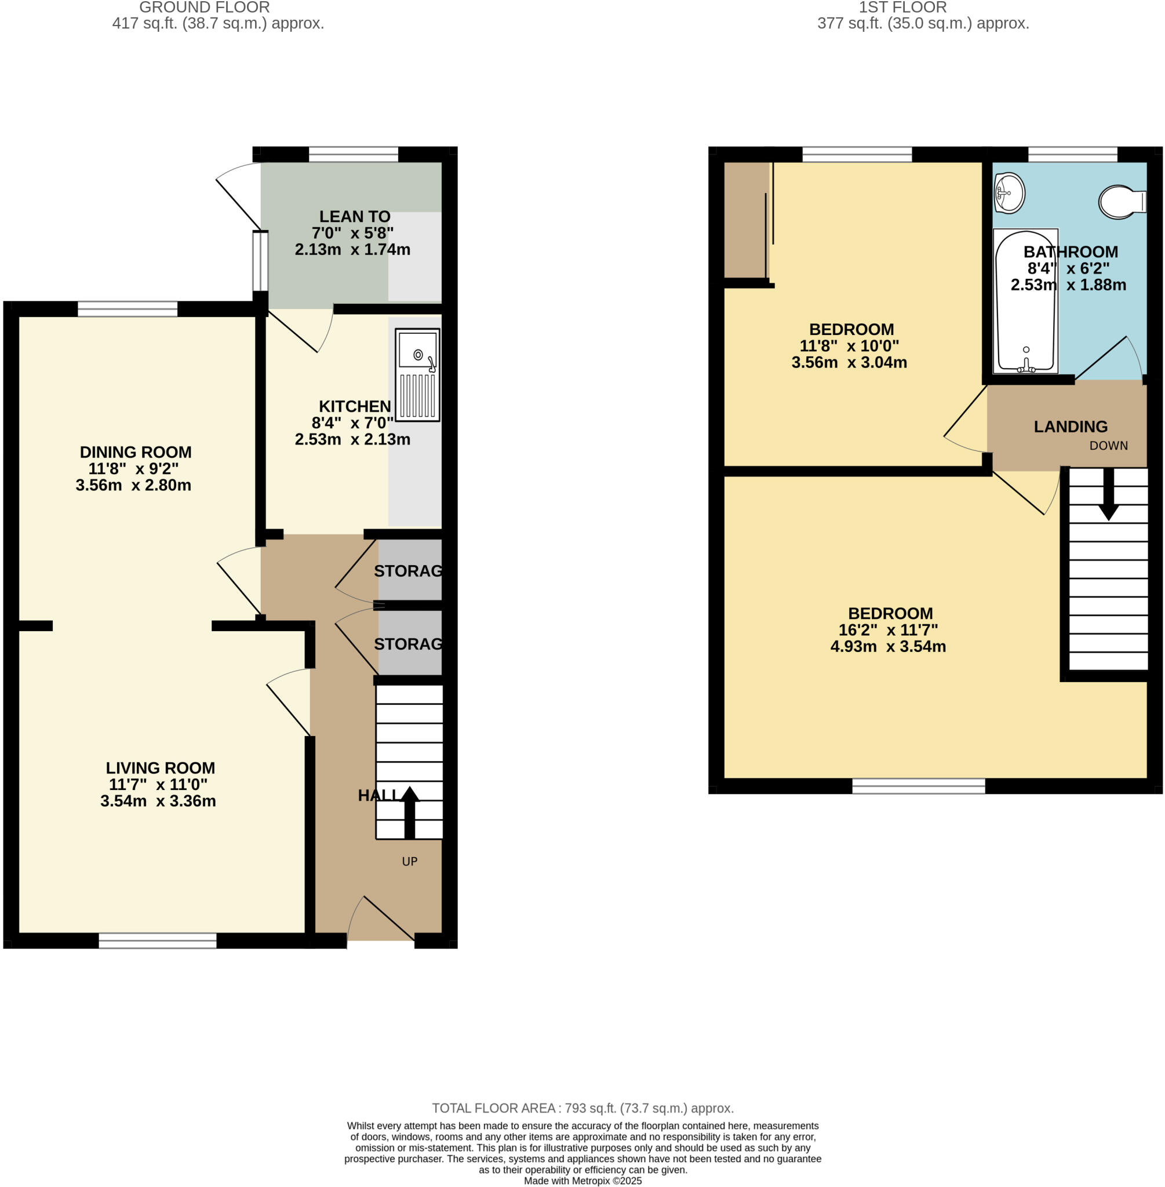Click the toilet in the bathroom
1121,202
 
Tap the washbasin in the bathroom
1009,194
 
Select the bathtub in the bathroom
1025,301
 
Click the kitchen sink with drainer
417,374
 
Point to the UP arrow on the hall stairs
409,811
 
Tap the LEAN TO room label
354,217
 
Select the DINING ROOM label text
135,452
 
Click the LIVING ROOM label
161,768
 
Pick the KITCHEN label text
354,406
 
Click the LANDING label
1070,427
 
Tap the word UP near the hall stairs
409,861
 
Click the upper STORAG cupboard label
408,571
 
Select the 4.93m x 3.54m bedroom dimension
888,647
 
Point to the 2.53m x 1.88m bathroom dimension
1068,285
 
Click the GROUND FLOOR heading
205,8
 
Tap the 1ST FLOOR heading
902,8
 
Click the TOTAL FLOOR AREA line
582,1108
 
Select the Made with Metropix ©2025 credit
582,1181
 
